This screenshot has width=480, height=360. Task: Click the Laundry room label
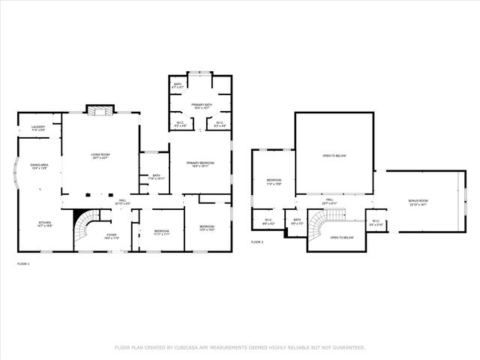38,128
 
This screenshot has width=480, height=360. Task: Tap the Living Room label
100,156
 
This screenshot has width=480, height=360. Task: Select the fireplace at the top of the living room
100,112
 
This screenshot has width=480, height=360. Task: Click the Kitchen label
46,223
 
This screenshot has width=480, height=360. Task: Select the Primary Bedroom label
200,164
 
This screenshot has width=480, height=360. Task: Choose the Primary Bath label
200,106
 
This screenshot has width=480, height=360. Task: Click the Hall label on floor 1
123,202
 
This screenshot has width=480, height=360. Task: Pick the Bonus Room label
418,202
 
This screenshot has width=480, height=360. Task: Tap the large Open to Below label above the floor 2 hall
334,156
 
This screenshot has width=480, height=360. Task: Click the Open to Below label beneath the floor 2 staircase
341,238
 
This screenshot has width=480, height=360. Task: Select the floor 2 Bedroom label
274,181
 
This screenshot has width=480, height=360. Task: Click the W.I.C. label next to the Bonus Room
376,222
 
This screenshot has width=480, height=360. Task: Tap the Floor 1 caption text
24,264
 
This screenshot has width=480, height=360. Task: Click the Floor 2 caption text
257,242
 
